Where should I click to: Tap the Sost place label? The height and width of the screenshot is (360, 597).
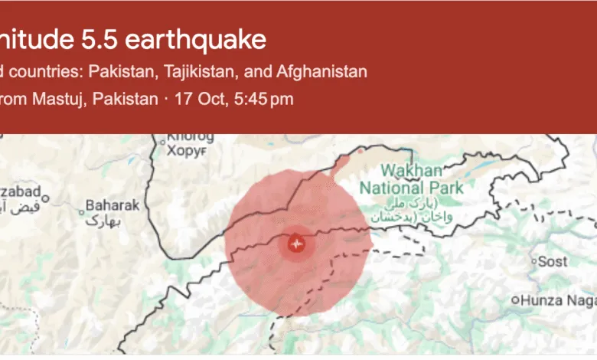click(x=553, y=262)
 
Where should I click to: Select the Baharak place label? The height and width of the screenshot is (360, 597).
click(x=113, y=205)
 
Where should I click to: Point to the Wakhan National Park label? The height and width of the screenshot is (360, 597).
click(x=411, y=178)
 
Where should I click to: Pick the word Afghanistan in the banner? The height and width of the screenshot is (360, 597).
click(x=322, y=72)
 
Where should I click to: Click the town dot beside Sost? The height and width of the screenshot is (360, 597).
click(x=533, y=262)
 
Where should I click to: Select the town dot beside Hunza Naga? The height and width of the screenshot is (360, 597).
click(x=517, y=300)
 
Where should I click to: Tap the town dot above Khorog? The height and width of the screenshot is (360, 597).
click(x=161, y=140)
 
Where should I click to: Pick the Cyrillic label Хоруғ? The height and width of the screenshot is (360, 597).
click(x=188, y=152)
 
